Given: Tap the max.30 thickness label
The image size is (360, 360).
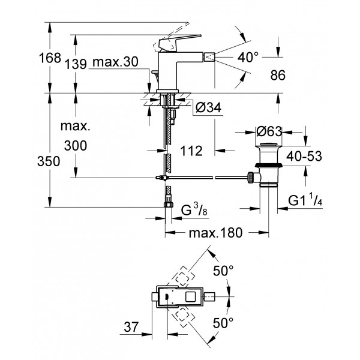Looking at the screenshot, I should (112, 64).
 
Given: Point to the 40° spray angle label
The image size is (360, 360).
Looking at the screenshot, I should (247, 58).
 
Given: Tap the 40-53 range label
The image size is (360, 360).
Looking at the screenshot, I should (303, 156).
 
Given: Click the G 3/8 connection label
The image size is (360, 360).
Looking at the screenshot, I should (193, 209).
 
